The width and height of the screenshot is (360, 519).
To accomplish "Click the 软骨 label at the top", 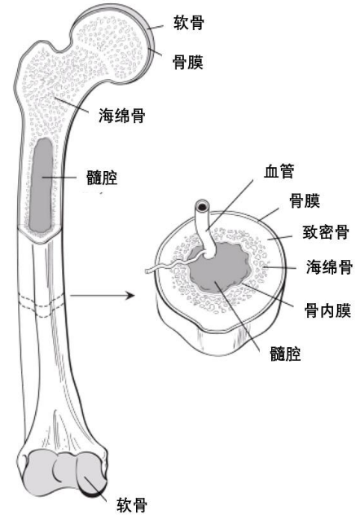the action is point(189,23).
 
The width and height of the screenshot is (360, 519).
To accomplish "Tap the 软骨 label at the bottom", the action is point(132,505).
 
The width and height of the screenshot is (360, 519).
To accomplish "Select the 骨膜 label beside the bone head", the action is point(187,62).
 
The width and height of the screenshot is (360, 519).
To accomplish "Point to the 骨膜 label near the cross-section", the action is point(305,200).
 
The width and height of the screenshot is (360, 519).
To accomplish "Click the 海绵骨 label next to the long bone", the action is point(122,116).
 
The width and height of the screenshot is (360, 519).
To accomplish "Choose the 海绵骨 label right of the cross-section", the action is point(329,267).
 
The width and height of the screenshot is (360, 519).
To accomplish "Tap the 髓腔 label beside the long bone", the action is point(102,178).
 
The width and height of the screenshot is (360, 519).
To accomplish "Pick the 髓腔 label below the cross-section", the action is point(285,354).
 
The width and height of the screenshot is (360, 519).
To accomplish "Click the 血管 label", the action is point(279,171).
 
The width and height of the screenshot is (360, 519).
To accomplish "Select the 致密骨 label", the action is point(326,232).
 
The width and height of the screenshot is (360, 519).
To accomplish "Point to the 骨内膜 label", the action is point(327,310).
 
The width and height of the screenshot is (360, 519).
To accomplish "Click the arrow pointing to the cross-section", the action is point(103,295).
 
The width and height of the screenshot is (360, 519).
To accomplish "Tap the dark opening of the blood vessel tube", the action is point(201,208).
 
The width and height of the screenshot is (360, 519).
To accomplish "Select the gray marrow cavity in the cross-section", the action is point(218,267).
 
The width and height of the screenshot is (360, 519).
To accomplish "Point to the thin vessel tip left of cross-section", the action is point(147,272).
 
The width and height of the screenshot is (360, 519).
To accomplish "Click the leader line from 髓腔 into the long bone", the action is point(59,178).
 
